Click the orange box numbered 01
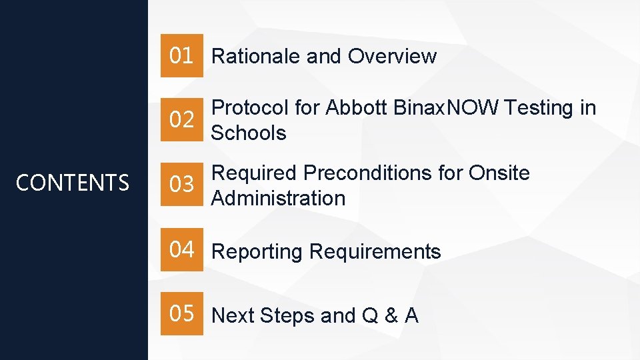pos(181,56)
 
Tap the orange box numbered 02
pos(181,120)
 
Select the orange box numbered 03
pos(181,185)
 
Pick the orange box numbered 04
pos(181,250)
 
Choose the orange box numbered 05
pos(181,313)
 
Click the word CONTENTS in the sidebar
pos(73,183)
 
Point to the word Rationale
pos(256,57)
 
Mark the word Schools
pos(249,133)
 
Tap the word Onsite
pos(499,173)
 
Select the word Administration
pos(278,198)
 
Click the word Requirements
pos(375,252)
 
